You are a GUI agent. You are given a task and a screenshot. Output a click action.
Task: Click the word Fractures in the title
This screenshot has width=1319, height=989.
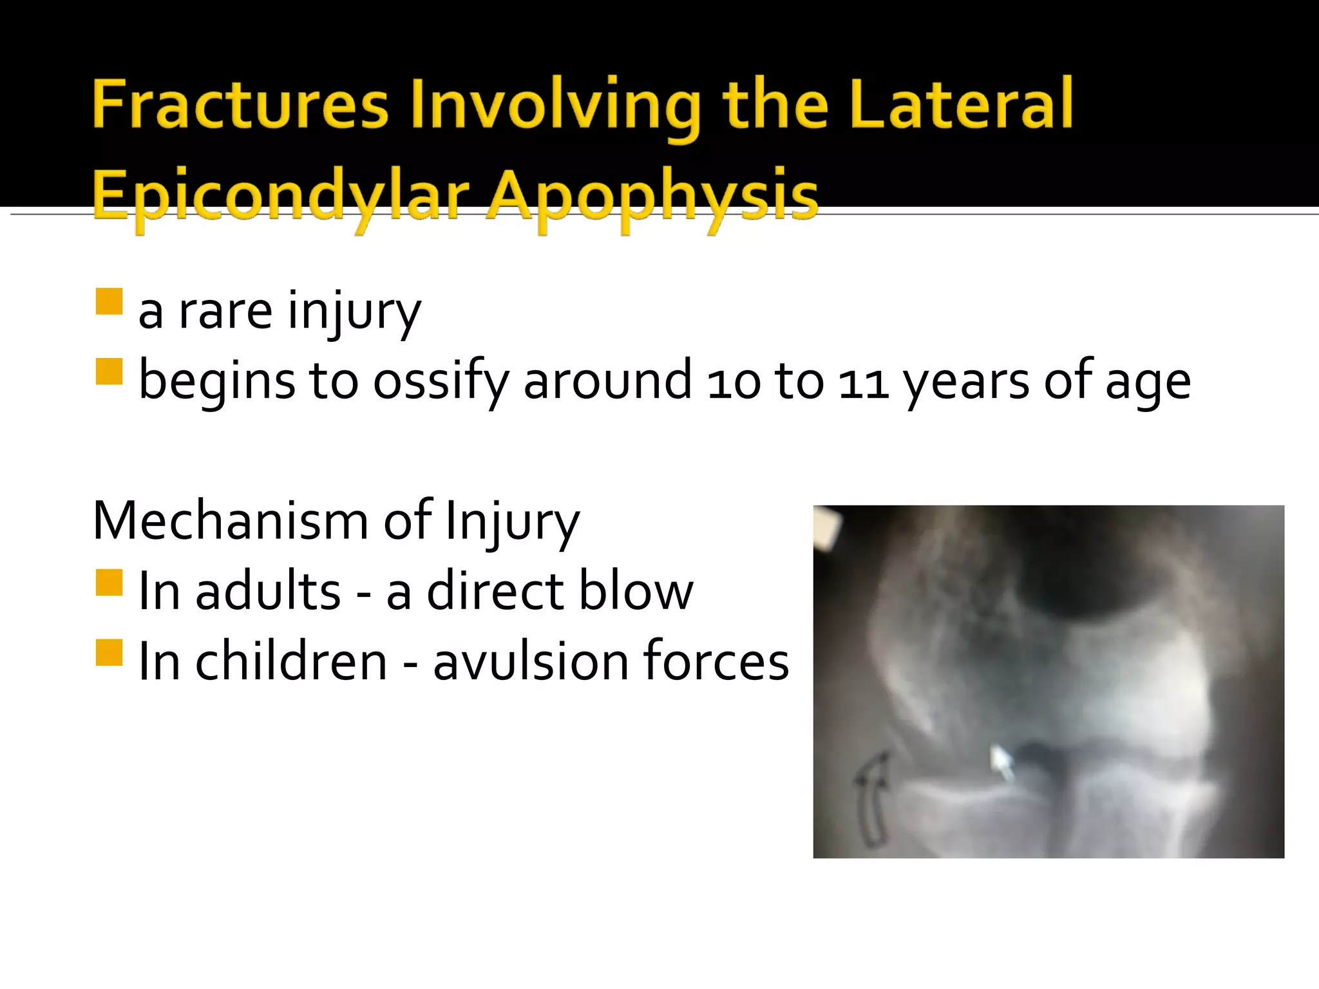point(240,104)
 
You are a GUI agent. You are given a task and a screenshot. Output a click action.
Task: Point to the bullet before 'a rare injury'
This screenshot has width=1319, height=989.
point(109,301)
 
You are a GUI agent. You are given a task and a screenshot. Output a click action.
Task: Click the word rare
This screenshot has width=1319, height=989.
point(225,312)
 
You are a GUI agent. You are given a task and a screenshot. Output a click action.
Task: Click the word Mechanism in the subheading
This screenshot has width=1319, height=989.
point(230,520)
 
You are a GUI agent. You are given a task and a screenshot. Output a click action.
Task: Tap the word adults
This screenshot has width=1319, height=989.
point(268,591)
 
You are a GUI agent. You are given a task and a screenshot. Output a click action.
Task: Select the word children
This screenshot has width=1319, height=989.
point(291,661)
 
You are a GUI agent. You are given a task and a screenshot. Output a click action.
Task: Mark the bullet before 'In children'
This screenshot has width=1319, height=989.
point(109,652)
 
